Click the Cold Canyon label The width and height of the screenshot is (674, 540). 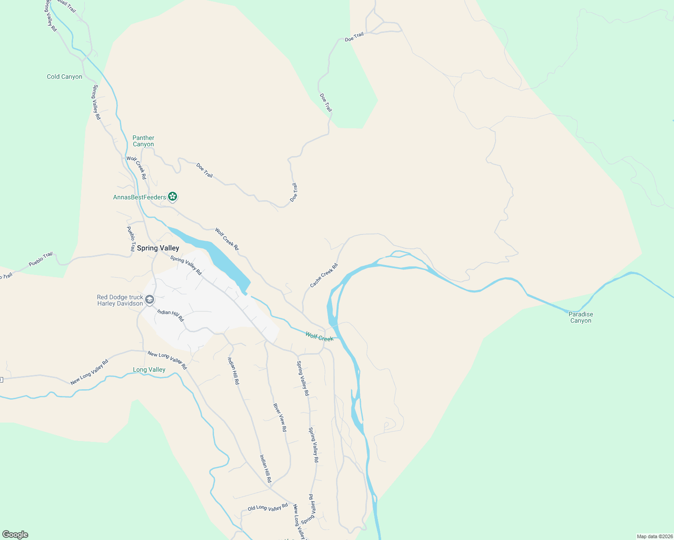pyautogui.click(x=64, y=77)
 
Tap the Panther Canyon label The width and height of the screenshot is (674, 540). pyautogui.click(x=143, y=141)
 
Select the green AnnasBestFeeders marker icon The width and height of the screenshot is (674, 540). pyautogui.click(x=173, y=197)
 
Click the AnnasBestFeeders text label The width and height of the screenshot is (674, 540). pyautogui.click(x=140, y=198)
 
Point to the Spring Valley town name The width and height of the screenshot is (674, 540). pyautogui.click(x=158, y=248)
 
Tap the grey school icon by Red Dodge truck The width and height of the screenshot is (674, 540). pyautogui.click(x=150, y=300)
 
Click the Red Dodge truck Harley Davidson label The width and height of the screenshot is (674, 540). pyautogui.click(x=120, y=301)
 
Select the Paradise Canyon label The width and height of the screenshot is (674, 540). pyautogui.click(x=581, y=318)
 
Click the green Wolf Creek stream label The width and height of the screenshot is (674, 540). pyautogui.click(x=319, y=337)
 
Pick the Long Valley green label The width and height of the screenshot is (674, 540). pyautogui.click(x=149, y=370)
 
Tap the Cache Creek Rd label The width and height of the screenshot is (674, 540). pyautogui.click(x=324, y=276)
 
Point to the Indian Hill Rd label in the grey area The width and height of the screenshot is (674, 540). pyautogui.click(x=170, y=315)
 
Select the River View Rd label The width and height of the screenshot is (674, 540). pyautogui.click(x=280, y=418)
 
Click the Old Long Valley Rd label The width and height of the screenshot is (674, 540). pyautogui.click(x=268, y=508)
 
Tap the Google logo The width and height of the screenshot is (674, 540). pyautogui.click(x=15, y=535)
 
